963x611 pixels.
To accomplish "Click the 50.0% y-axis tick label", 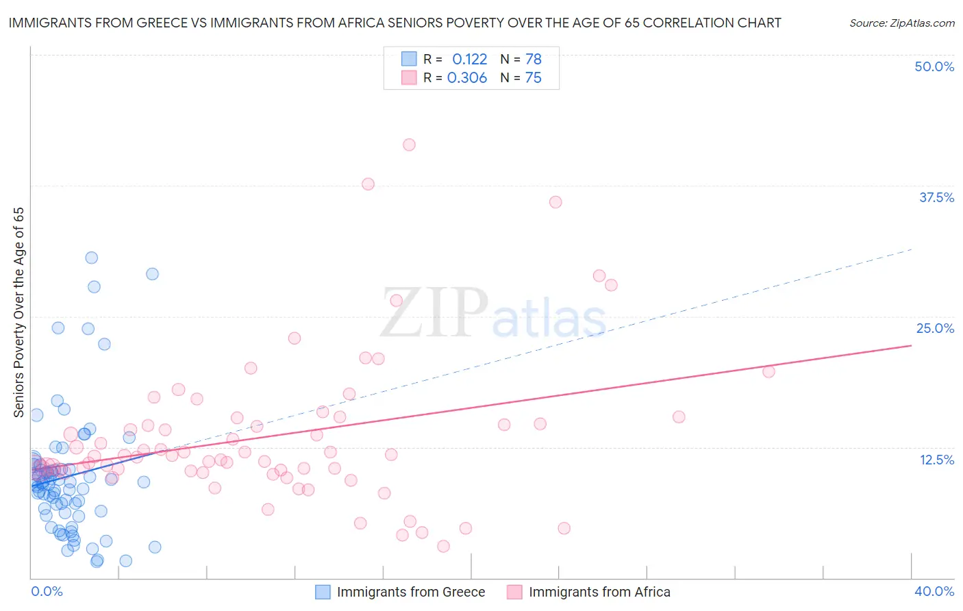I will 934,66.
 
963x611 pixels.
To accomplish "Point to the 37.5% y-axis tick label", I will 936,197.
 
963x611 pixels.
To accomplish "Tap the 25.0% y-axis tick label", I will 935,328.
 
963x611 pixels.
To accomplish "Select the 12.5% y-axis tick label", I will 936,460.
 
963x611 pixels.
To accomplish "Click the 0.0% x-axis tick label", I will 47,591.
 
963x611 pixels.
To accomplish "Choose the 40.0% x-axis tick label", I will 934,591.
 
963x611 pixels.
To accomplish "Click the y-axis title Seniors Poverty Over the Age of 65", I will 19,312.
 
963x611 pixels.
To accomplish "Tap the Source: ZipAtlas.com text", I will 901,23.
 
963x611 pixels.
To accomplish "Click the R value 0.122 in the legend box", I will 469,59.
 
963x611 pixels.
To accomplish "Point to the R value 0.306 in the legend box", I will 467,78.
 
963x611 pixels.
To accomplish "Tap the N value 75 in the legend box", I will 533,78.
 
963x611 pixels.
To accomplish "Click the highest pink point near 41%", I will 409,145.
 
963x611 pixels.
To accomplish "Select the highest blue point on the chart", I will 91,258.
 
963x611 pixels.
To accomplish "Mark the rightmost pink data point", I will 768,371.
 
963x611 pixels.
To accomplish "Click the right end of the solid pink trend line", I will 911,345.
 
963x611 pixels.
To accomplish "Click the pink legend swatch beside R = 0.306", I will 409,78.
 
